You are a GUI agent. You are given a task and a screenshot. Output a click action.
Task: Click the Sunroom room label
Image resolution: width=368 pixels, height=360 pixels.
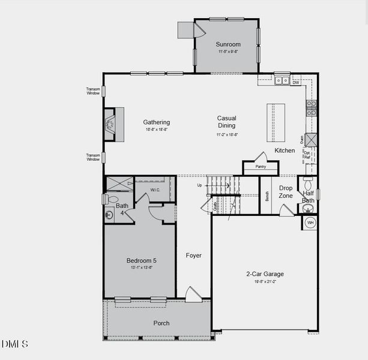(228, 44)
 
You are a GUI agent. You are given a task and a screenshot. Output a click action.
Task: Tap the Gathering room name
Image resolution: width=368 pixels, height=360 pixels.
(156, 122)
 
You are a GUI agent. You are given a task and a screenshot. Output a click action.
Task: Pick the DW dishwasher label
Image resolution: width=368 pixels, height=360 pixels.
(295, 82)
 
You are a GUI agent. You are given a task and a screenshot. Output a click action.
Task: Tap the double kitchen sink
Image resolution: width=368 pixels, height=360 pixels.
(282, 80)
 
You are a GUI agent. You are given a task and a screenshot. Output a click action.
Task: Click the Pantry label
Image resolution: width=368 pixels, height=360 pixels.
(260, 167)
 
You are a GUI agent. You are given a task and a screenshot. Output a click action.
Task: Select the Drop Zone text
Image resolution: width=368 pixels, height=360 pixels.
(286, 192)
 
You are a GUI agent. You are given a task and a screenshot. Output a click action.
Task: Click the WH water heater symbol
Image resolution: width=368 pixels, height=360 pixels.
(310, 223)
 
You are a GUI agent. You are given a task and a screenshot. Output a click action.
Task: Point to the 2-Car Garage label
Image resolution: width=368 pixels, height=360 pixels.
(265, 274)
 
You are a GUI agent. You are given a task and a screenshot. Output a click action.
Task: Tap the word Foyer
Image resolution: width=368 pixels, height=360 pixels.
(193, 256)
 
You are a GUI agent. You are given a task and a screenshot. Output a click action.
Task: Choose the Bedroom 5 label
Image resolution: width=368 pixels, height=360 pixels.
(141, 260)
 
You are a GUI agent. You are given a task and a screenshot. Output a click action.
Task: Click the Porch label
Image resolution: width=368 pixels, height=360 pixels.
(161, 323)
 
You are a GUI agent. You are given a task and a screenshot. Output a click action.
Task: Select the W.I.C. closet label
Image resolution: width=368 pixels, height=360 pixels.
(155, 190)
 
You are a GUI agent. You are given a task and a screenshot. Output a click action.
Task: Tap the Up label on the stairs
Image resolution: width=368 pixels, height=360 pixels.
(200, 185)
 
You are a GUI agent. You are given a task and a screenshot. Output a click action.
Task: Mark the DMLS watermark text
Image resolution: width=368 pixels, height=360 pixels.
(15, 344)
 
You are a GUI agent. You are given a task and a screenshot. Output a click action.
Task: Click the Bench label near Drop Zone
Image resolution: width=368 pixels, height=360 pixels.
(267, 196)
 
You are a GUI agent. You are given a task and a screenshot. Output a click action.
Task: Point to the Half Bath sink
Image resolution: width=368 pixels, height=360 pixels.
(308, 209)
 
